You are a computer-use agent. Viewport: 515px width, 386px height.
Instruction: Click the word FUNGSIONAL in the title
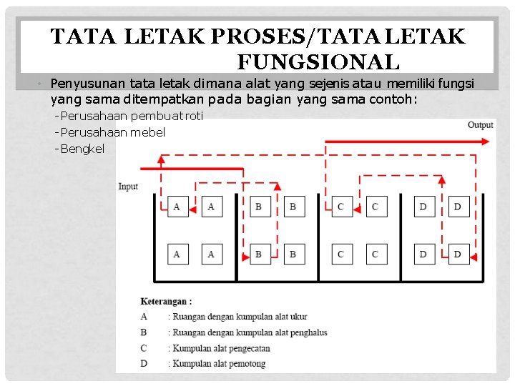318,62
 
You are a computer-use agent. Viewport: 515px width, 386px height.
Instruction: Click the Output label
480,125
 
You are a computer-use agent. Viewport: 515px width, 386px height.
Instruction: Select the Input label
128,187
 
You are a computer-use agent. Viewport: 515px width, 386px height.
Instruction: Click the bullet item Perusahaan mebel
112,132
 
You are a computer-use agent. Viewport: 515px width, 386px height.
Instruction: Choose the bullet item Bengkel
82,149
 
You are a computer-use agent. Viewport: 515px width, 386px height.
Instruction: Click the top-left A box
177,207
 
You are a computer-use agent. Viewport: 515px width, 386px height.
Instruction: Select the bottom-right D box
458,254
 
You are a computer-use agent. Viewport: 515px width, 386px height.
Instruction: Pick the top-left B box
259,207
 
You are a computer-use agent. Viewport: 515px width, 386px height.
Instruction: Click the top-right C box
375,207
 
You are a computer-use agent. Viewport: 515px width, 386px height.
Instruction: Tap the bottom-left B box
259,254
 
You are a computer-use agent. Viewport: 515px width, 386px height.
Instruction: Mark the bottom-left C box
341,254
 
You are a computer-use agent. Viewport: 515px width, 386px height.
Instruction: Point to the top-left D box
423,207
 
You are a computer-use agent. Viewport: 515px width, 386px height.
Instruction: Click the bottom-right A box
212,254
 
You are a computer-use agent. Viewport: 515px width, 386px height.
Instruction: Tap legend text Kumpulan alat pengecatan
220,348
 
